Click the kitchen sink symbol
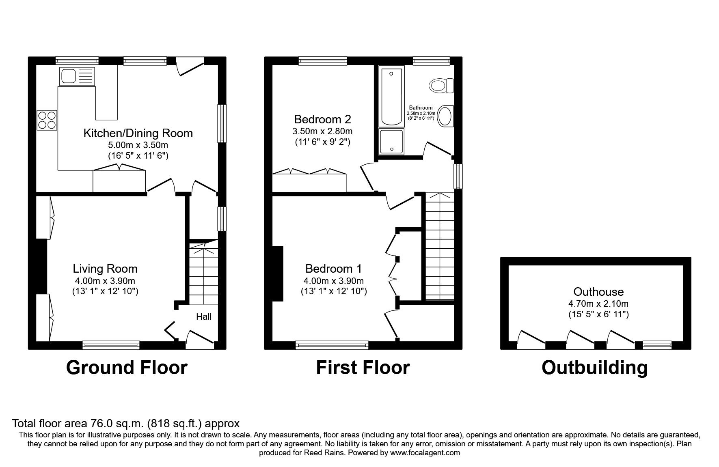tap(76, 76)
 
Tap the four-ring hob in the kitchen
tap(47, 120)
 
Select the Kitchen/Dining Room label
tap(138, 133)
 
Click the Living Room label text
tap(105, 269)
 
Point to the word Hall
tap(204, 317)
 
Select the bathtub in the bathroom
tap(391, 97)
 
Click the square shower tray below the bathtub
tap(391, 142)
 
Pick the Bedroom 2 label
tap(322, 119)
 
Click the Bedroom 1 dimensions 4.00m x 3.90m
tap(333, 281)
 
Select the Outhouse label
tap(598, 292)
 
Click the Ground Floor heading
tap(127, 368)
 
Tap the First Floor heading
tap(363, 368)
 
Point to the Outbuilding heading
tap(594, 368)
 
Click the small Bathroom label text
tap(421, 108)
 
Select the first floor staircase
tap(439, 247)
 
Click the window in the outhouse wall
tap(657, 345)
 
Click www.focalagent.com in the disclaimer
tap(425, 453)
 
